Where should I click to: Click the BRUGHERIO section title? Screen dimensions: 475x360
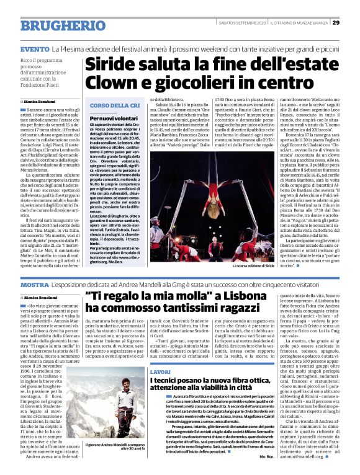[x=58, y=25]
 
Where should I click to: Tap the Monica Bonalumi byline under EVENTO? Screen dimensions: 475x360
[x=40, y=101]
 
